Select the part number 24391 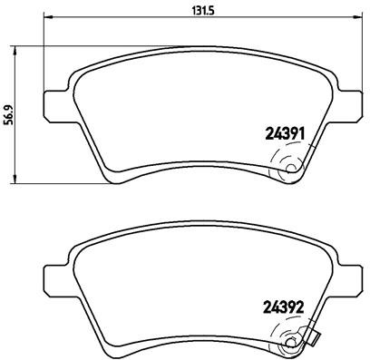(282, 134)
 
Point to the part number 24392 (282, 308)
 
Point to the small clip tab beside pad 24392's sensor (315, 342)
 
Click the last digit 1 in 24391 (298, 134)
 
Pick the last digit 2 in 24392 (298, 308)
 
